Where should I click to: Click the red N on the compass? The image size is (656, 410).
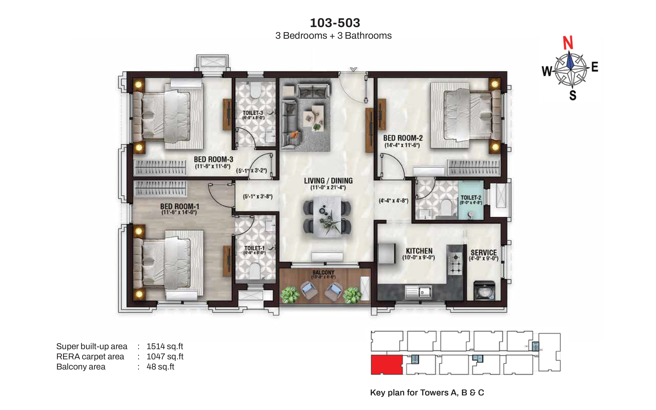coord(568,43)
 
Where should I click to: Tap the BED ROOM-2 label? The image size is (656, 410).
coord(403,138)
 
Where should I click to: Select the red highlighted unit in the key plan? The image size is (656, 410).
coord(386,365)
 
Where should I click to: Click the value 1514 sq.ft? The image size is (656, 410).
coord(165,346)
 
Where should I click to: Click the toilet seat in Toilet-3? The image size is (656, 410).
coord(255,90)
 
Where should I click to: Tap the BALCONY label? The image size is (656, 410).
coord(323,272)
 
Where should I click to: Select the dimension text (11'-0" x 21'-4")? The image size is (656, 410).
coord(328,188)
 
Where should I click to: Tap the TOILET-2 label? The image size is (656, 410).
coord(471,198)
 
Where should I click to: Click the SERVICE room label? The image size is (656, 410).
coord(484,252)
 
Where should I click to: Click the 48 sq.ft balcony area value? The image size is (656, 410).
coord(160,367)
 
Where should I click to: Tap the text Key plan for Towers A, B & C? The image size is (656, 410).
coord(427,392)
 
